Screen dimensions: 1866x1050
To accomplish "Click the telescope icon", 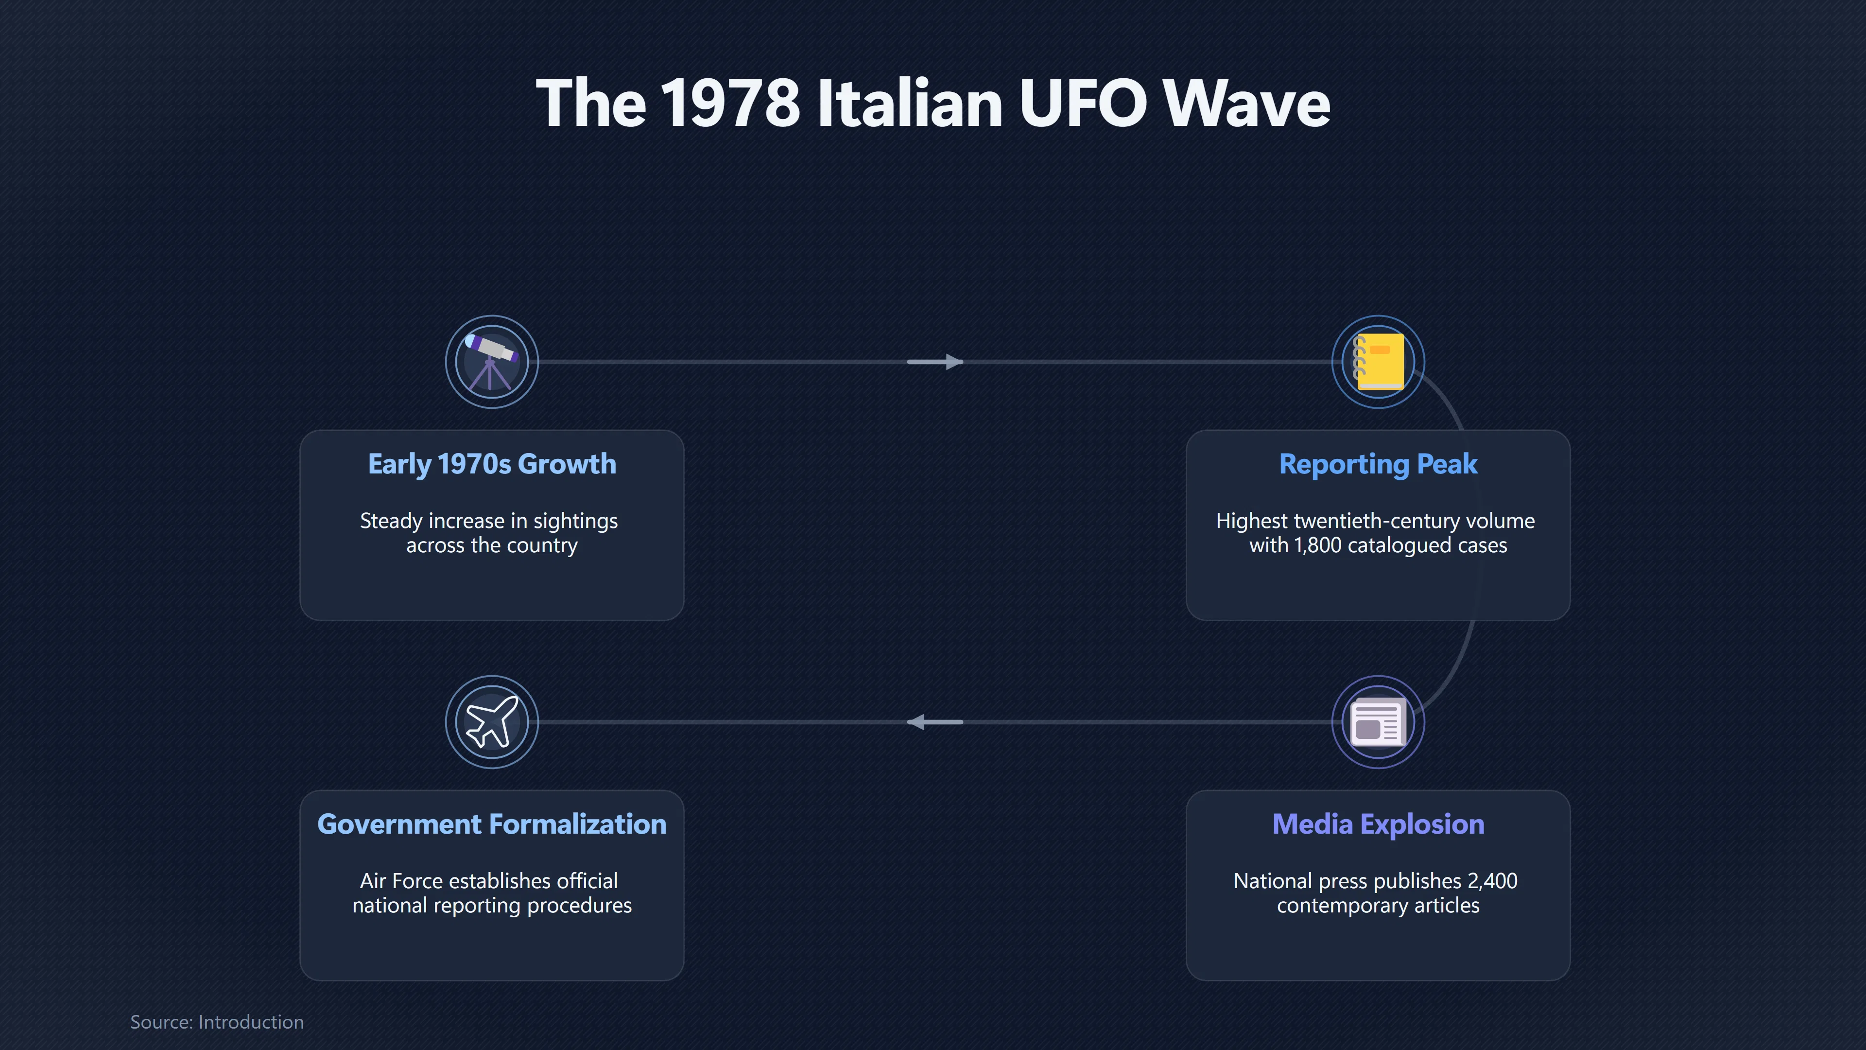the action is pos(491,362).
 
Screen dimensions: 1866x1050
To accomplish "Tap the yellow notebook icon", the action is pos(1379,362).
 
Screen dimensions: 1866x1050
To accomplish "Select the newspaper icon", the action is pos(1379,722).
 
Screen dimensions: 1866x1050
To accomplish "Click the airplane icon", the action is pos(492,722).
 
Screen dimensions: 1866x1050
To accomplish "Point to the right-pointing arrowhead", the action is pos(954,362).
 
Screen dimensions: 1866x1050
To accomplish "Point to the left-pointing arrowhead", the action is pos(916,722).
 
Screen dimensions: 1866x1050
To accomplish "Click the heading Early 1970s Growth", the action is pos(492,464).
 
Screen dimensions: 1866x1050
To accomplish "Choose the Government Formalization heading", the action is pos(492,824).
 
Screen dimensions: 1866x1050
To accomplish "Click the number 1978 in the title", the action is pos(730,103).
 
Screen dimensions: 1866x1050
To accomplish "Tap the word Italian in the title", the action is pos(910,103).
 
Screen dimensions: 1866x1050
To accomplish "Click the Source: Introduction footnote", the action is pos(217,1022).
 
